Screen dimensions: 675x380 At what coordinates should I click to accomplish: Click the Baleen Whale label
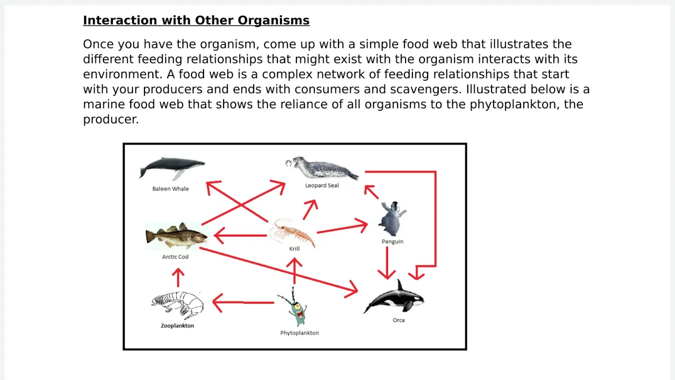pyautogui.click(x=170, y=189)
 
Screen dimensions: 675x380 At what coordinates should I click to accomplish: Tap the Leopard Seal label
pyautogui.click(x=322, y=185)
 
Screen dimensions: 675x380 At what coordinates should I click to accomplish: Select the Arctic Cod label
pyautogui.click(x=175, y=256)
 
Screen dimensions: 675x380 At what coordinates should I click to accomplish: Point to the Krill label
pyautogui.click(x=294, y=249)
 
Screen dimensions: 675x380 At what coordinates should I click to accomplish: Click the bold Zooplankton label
pyautogui.click(x=177, y=326)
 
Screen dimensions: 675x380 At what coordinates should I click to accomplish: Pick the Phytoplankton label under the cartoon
pyautogui.click(x=299, y=333)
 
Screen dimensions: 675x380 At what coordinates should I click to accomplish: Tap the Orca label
pyautogui.click(x=398, y=320)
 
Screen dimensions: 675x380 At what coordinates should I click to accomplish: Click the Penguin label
pyautogui.click(x=392, y=242)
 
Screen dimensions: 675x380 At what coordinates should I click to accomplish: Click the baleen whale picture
pyautogui.click(x=172, y=168)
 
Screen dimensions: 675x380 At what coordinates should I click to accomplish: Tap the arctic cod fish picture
pyautogui.click(x=176, y=236)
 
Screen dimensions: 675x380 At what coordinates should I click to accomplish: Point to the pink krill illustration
pyautogui.click(x=292, y=232)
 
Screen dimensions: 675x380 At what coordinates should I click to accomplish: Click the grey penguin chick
pyautogui.click(x=392, y=218)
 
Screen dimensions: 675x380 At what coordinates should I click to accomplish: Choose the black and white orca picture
pyautogui.click(x=394, y=297)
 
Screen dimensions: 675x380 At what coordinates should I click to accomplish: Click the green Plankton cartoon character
pyautogui.click(x=295, y=306)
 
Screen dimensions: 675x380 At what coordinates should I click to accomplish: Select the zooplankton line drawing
pyautogui.click(x=177, y=305)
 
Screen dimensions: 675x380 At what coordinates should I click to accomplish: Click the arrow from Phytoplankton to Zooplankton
pyautogui.click(x=243, y=302)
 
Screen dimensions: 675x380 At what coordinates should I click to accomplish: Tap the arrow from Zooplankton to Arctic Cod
pyautogui.click(x=178, y=278)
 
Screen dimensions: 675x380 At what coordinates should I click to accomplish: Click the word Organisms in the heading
pyautogui.click(x=273, y=21)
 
